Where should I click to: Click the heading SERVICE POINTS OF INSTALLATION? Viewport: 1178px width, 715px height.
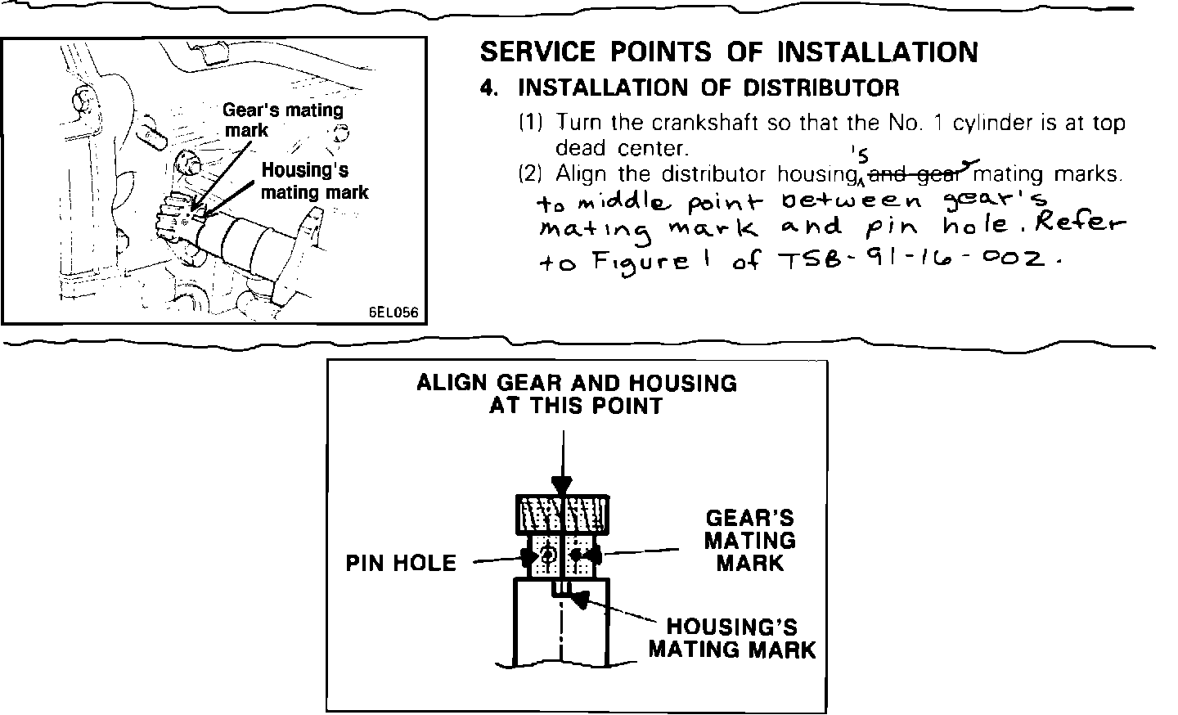(x=728, y=52)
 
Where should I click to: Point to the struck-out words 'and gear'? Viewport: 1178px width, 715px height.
(x=915, y=173)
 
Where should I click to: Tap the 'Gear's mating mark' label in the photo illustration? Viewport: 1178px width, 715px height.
(x=282, y=119)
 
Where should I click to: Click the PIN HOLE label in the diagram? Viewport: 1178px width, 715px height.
(x=401, y=563)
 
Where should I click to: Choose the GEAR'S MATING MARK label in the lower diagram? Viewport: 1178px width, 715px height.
(x=749, y=540)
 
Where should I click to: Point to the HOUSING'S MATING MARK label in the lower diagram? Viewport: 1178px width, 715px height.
(x=732, y=638)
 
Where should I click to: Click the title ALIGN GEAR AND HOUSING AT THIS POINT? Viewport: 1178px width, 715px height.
(x=576, y=393)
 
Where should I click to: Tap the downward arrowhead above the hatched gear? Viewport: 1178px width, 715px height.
(x=561, y=485)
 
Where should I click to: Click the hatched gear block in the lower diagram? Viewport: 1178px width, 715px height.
(x=562, y=513)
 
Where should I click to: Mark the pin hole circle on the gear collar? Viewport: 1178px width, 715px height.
(x=547, y=555)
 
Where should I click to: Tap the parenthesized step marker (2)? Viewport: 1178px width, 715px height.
(x=531, y=174)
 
